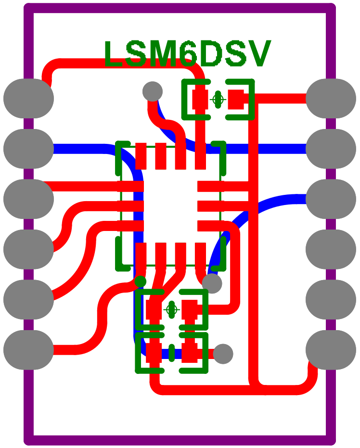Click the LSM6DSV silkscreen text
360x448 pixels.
[x=187, y=54]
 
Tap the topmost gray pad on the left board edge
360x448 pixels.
[x=28, y=98]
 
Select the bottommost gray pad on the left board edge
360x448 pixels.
[x=28, y=350]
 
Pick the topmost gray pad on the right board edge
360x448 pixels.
[x=331, y=98]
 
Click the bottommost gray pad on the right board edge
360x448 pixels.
[x=331, y=350]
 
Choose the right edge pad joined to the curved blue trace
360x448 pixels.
[x=331, y=199]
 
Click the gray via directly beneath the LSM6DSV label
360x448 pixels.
[x=153, y=91]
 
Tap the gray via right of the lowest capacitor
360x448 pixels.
[x=223, y=354]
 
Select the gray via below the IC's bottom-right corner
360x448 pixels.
[x=212, y=283]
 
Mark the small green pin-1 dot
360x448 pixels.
[x=140, y=281]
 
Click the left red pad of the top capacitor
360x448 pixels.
[x=200, y=100]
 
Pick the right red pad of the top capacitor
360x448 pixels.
[x=236, y=100]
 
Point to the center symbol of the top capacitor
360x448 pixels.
[x=218, y=100]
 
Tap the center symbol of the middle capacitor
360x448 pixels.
[x=171, y=309]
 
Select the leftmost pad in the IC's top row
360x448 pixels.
[x=141, y=156]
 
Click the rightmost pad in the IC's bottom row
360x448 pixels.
[x=201, y=254]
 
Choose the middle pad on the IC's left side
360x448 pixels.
[x=131, y=206]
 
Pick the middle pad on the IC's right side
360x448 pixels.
[x=210, y=206]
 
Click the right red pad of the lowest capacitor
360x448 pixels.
[x=190, y=354]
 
